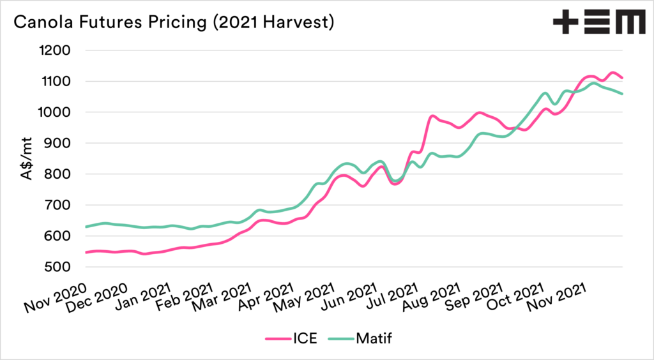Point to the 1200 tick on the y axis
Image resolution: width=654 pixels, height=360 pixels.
56,50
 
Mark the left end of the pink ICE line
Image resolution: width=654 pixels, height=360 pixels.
86,253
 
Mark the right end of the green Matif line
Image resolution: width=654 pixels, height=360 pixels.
623,94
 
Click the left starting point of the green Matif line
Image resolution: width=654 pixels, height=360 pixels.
86,227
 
